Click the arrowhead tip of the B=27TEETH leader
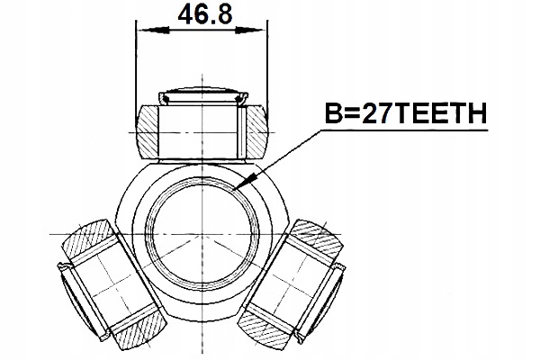232,192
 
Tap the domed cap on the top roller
202,94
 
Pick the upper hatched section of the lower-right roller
319,237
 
